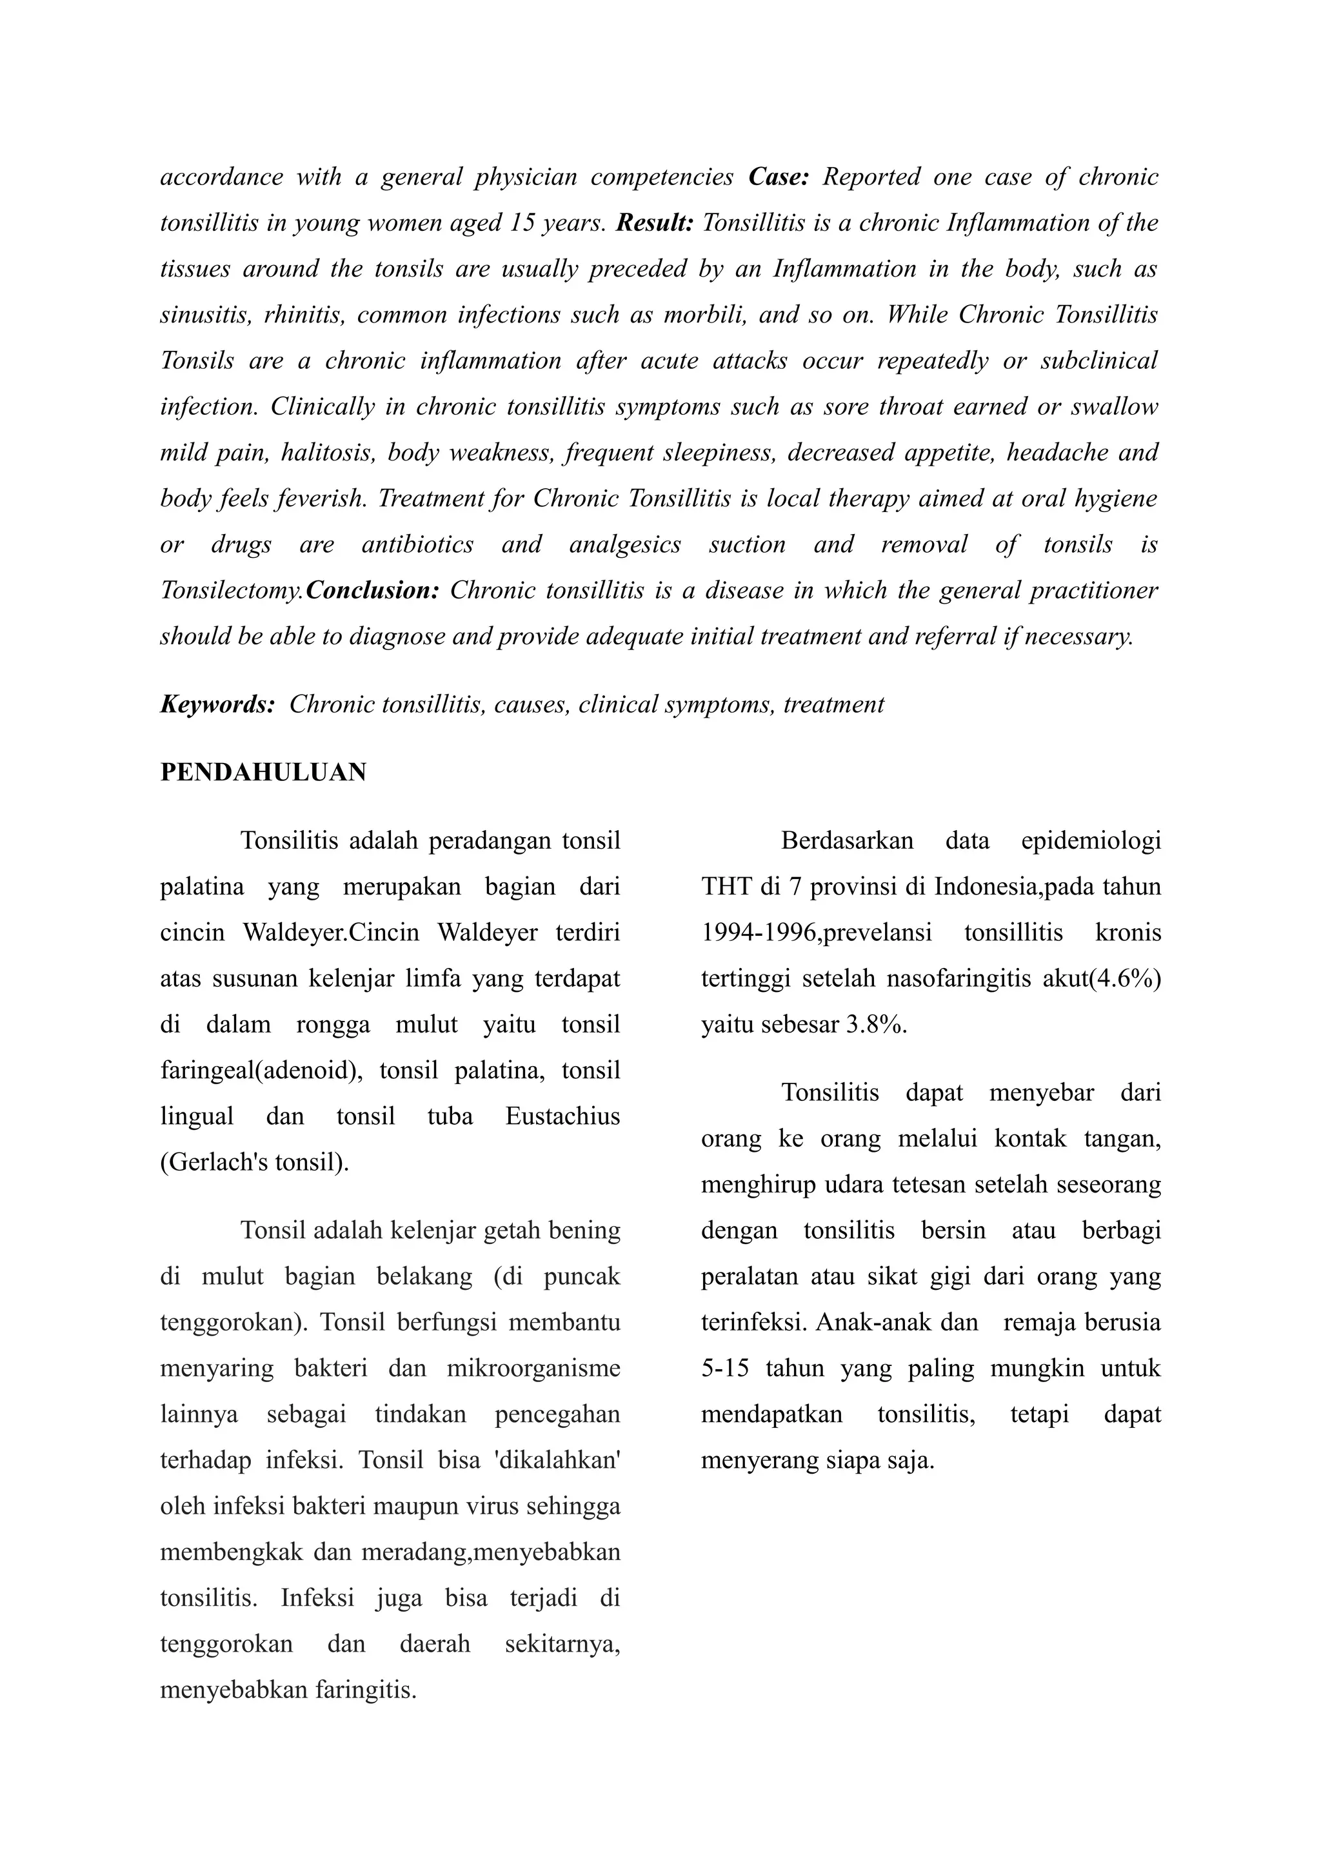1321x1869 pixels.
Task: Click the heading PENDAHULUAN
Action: click(263, 772)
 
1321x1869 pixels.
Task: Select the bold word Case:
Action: click(778, 177)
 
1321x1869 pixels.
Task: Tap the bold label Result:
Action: click(655, 222)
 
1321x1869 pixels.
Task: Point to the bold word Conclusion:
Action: click(373, 590)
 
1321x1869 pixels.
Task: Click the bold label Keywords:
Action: click(217, 704)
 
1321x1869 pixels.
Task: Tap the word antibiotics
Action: click(417, 544)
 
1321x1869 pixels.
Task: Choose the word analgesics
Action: click(625, 544)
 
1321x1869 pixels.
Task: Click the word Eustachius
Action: click(562, 1115)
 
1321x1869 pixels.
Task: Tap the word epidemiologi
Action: click(1091, 840)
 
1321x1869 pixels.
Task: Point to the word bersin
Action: click(953, 1230)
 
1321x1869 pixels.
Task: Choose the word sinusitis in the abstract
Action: click(206, 314)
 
